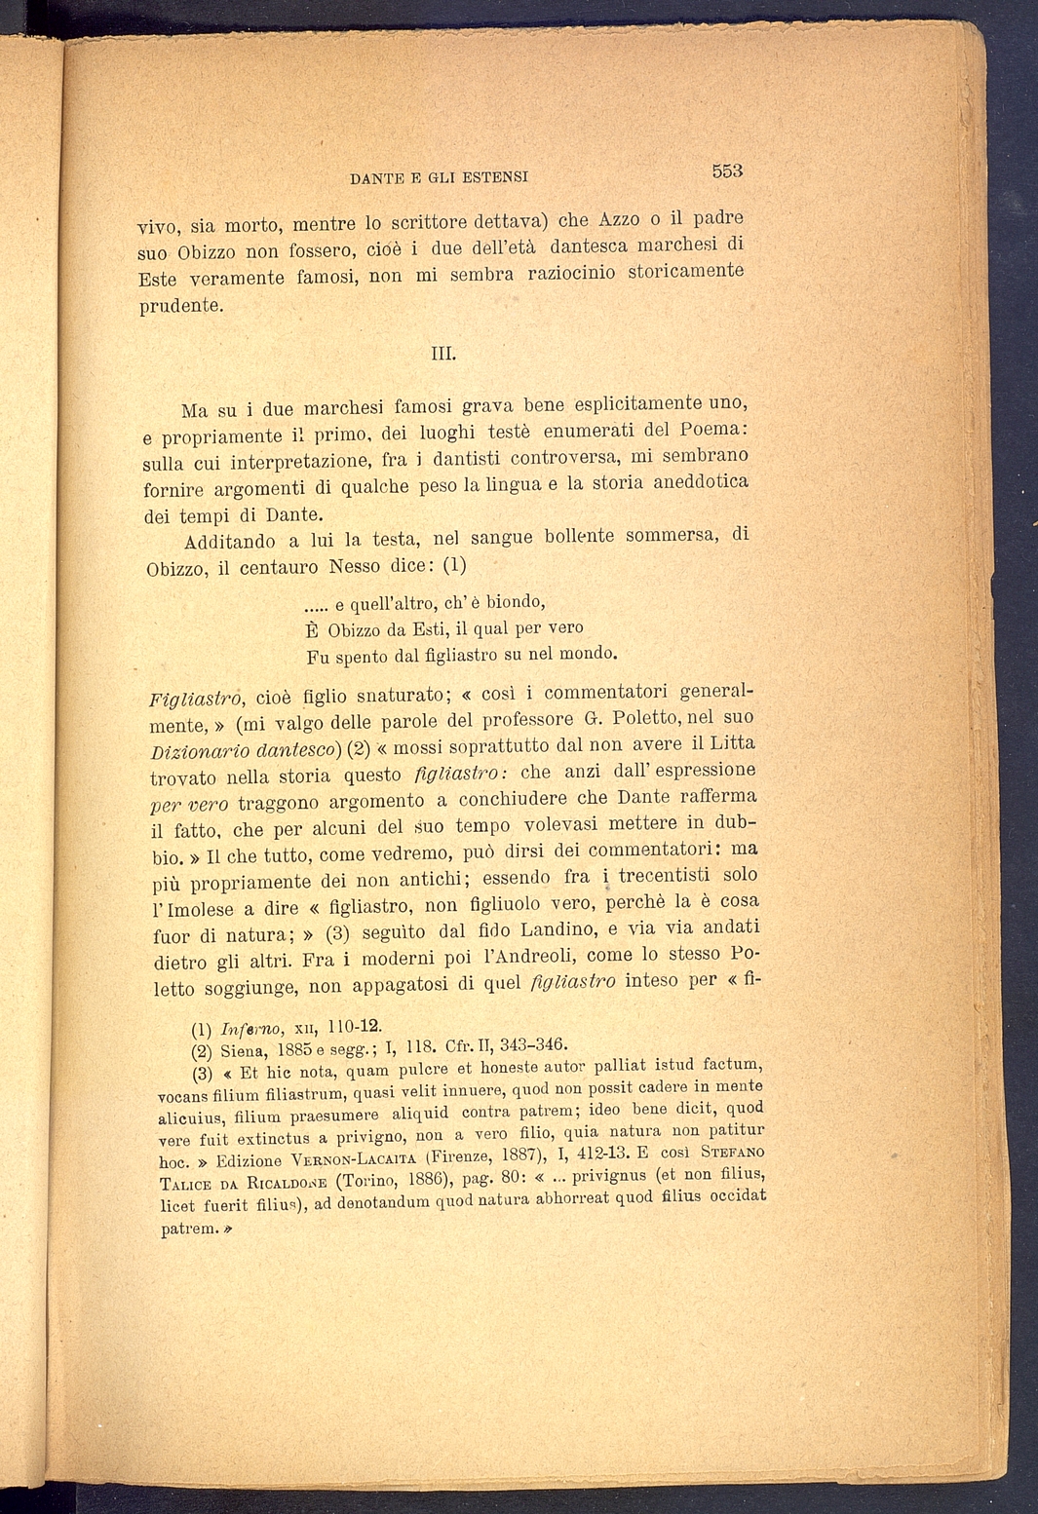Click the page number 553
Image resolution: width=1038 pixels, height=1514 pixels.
(727, 170)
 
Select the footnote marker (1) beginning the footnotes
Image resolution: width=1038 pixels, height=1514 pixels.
(202, 1029)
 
